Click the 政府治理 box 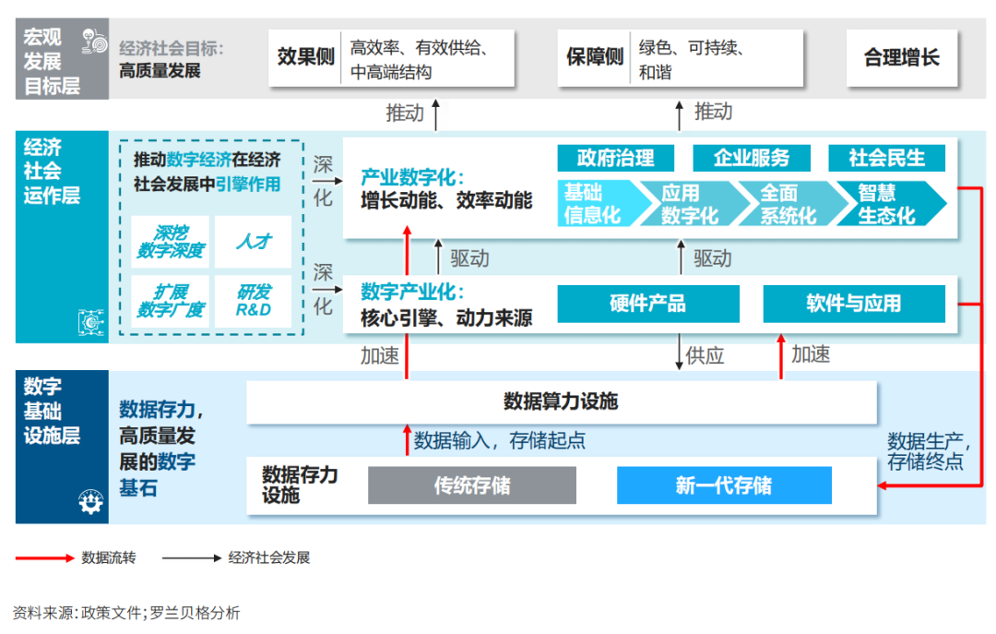(615, 158)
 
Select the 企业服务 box (752, 158)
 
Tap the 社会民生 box (886, 158)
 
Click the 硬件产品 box (647, 304)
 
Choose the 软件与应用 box (853, 304)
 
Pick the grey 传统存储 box (471, 485)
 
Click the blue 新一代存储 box (723, 485)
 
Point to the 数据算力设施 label (560, 401)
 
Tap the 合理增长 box (901, 57)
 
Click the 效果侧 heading (305, 57)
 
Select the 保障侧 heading (595, 57)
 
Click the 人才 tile (253, 242)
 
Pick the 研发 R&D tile (253, 301)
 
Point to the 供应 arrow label (705, 355)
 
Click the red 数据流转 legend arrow (43, 557)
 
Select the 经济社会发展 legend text (268, 557)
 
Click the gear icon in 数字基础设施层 (90, 502)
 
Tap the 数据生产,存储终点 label (926, 449)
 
